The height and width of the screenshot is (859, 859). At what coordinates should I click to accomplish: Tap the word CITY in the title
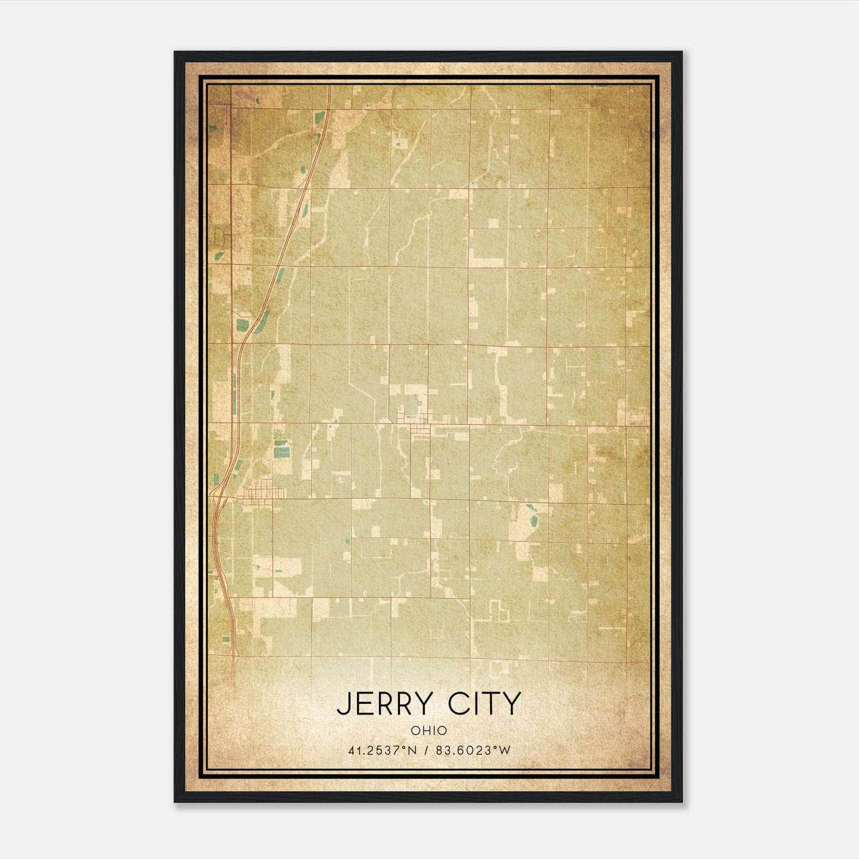tap(485, 704)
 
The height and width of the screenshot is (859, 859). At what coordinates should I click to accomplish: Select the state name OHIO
tap(428, 731)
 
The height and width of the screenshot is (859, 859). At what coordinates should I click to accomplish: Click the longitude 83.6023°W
tap(473, 751)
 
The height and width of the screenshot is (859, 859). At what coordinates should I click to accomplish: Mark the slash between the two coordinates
tap(426, 751)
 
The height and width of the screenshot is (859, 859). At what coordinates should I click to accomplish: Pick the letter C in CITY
tap(459, 704)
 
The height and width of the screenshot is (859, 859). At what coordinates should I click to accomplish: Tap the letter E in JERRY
tap(362, 704)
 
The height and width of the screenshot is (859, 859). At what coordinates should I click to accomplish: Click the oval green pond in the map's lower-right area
tap(534, 520)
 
